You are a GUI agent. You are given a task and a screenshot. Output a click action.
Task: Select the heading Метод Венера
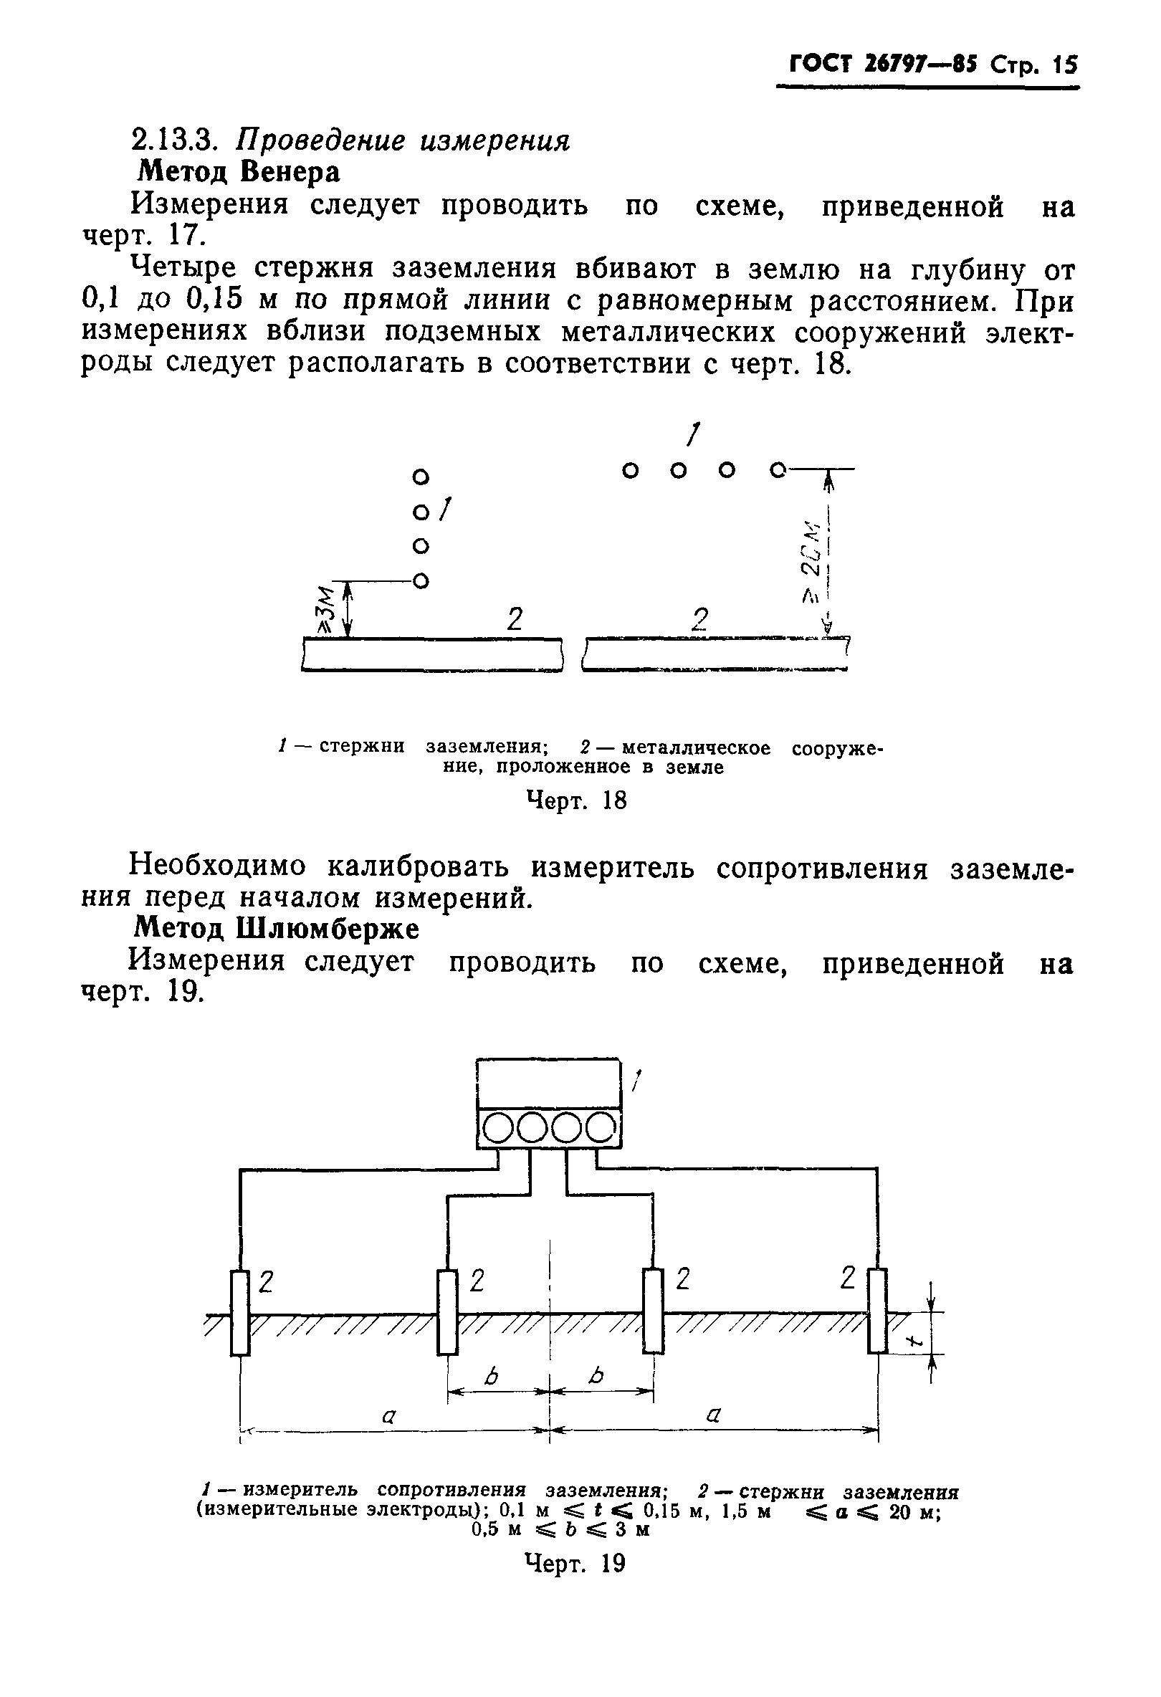(239, 172)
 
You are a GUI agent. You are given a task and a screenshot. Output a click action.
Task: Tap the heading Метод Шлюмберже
(277, 929)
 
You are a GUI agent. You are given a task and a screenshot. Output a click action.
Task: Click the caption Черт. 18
(576, 801)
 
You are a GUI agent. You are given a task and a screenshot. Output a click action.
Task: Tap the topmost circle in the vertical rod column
(419, 477)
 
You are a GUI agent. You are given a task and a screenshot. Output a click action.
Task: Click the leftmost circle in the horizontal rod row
(629, 470)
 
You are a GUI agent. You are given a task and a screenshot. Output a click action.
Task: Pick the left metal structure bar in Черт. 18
(432, 654)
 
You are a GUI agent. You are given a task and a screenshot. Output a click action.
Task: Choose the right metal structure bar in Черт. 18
(715, 654)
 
